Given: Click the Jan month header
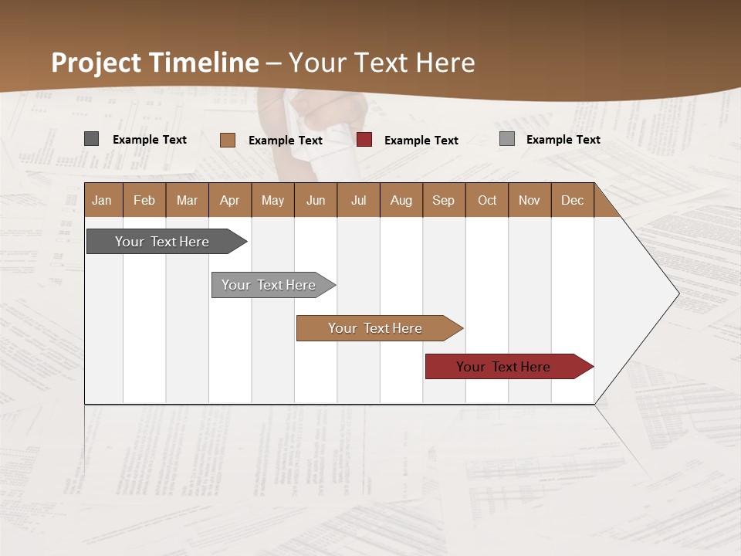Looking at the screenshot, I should (103, 200).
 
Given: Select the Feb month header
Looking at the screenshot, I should (144, 200).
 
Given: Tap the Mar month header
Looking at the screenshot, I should (187, 200).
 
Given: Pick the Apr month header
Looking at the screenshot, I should (230, 200).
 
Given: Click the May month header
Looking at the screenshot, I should (272, 200).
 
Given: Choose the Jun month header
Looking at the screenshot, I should (316, 200).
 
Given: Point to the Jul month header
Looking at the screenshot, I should (358, 200).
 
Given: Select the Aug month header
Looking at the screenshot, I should (401, 200).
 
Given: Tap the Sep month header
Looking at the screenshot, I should (444, 200).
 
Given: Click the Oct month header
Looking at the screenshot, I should (487, 200).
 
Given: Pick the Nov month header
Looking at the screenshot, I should (530, 200).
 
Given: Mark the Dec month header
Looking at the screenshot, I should (573, 200).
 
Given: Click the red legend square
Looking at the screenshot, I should (364, 140).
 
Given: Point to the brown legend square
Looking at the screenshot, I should (228, 140).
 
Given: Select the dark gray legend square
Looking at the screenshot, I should (91, 139).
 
